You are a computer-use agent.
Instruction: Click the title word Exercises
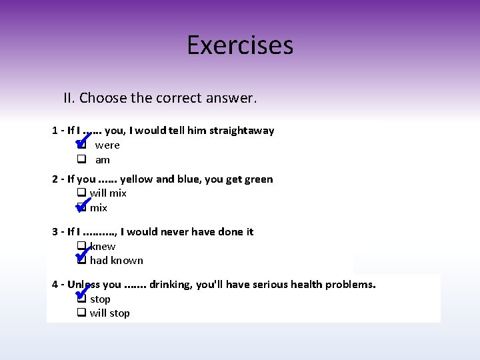click(240, 45)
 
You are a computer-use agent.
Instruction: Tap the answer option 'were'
click(107, 145)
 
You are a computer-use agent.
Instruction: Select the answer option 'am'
click(103, 160)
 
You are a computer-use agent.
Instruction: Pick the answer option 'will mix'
click(108, 193)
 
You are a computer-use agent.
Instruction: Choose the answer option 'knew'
click(103, 247)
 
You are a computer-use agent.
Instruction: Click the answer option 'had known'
click(117, 261)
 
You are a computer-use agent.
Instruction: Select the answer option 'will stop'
click(110, 313)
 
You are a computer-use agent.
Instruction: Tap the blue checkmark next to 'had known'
click(83, 255)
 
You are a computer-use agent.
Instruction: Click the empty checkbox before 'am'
click(81, 160)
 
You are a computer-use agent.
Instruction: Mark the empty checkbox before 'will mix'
click(81, 193)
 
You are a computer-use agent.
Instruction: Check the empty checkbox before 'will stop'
click(81, 313)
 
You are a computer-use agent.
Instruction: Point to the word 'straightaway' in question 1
click(241, 131)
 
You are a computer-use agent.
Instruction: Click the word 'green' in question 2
click(258, 179)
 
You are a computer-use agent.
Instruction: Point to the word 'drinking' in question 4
click(171, 285)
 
